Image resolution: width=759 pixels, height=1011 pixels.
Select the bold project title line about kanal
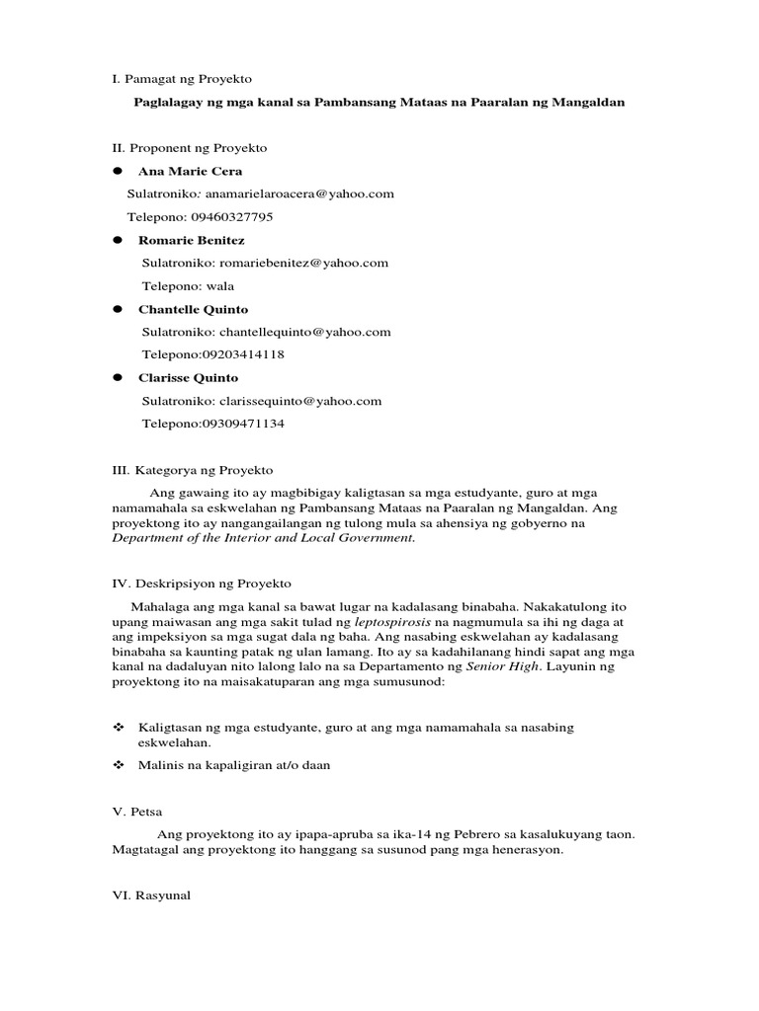point(379,103)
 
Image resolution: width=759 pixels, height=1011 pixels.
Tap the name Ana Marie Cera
point(190,171)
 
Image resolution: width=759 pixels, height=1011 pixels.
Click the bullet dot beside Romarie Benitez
point(117,240)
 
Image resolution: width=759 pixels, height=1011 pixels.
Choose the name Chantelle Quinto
point(193,309)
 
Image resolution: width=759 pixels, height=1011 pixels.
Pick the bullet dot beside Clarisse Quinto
point(117,377)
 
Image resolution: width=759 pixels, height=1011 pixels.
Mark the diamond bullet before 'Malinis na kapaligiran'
point(118,765)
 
